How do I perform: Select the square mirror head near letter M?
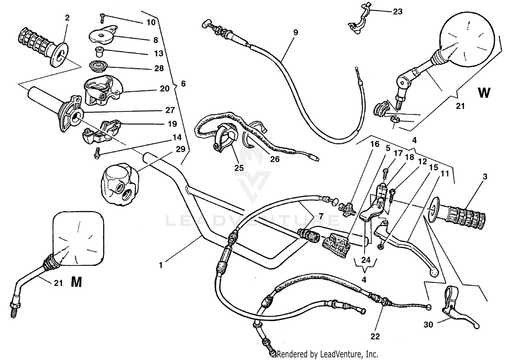78,238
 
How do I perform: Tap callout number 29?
180,149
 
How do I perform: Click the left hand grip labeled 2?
41,46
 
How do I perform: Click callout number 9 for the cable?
295,33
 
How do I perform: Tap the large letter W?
484,93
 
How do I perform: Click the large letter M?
76,282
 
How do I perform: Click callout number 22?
375,336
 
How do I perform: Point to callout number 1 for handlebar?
161,265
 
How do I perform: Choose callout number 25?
239,167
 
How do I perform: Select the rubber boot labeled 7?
309,235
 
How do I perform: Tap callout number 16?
375,144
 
